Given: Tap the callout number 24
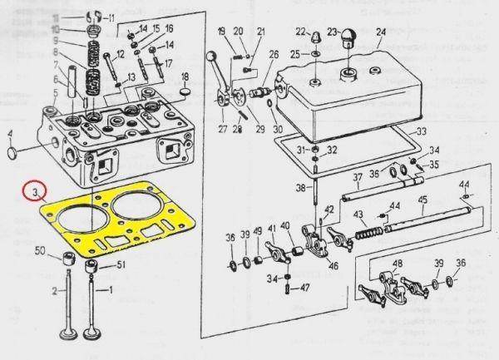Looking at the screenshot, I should click(x=381, y=35).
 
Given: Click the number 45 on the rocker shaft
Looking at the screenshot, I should click(x=422, y=200).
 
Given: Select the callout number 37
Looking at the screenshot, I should click(x=355, y=176).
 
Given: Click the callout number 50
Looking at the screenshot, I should click(x=40, y=251).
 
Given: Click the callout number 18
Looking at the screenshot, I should click(x=185, y=76).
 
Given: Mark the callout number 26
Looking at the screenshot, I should click(x=274, y=55).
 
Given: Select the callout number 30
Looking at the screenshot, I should click(x=277, y=129).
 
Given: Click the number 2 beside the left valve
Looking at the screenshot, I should click(x=54, y=292).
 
